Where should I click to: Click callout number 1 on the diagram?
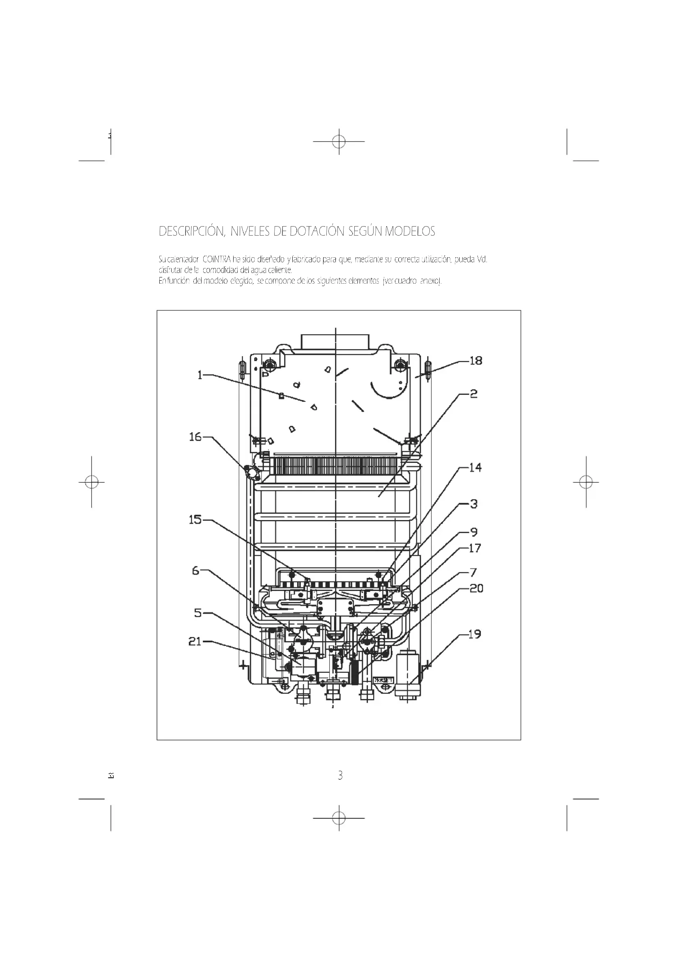point(200,375)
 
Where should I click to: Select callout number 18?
point(476,360)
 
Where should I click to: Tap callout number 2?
point(473,394)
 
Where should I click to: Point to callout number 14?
point(475,467)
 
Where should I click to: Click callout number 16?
point(195,437)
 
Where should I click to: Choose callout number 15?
point(195,520)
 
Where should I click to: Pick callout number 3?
point(474,504)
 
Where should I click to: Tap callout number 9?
point(474,532)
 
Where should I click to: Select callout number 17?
point(475,548)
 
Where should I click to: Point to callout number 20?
point(476,588)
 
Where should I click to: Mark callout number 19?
point(475,634)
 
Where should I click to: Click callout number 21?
point(195,642)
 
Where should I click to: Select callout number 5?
point(198,613)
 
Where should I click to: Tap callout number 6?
point(196,571)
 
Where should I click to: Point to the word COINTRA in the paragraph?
point(217,260)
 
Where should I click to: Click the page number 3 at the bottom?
point(340,776)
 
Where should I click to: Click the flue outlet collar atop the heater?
point(335,341)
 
